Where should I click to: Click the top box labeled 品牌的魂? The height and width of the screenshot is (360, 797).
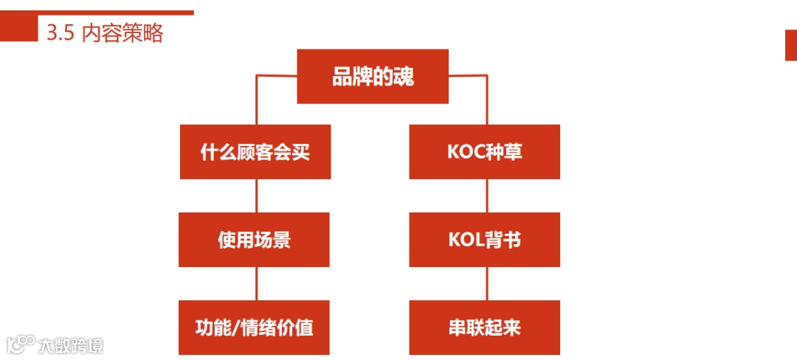point(373,76)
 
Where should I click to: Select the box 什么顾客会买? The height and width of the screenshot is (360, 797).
point(255,152)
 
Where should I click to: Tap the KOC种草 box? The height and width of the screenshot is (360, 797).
point(485,152)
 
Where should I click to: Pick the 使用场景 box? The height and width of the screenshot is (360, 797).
point(255,240)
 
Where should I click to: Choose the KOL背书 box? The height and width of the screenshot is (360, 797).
point(485,240)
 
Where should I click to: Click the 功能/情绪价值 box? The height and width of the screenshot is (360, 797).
point(255,328)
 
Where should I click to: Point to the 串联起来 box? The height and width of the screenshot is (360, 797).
point(485,328)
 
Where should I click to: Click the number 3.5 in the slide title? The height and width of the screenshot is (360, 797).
point(60,33)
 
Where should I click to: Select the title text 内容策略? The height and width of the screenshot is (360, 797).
point(122,33)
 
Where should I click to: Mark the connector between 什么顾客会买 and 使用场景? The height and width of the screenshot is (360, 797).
point(256,195)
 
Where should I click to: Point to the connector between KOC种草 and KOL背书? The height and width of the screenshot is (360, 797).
point(486,195)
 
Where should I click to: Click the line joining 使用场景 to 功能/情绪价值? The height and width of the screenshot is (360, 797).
point(256,283)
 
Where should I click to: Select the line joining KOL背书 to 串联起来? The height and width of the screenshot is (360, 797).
point(486,283)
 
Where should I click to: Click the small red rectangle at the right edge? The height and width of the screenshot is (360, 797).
point(790,45)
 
